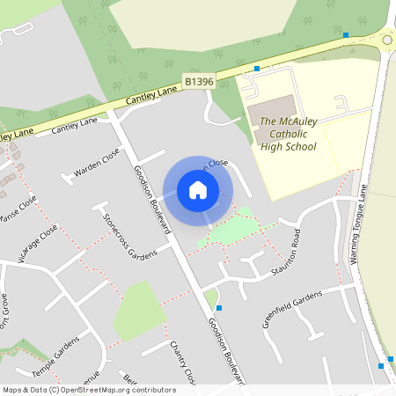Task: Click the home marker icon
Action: (198, 190)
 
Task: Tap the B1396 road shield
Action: (199, 81)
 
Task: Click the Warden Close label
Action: (97, 163)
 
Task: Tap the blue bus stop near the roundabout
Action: (346, 36)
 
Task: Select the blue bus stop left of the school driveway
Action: (257, 68)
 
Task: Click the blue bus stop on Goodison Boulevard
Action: (218, 308)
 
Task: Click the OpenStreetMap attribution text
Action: (88, 389)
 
